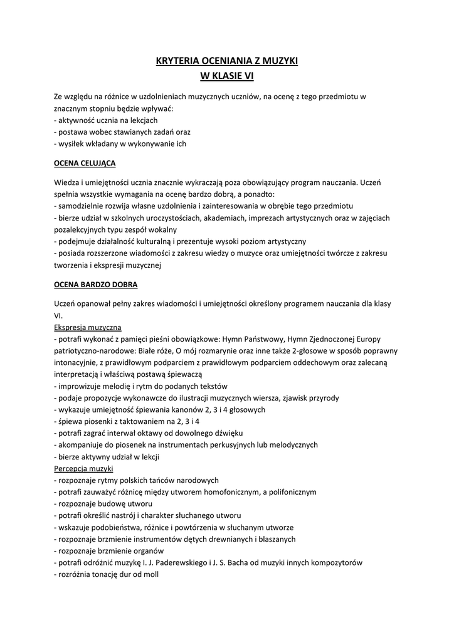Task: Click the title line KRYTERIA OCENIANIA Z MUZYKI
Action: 226,61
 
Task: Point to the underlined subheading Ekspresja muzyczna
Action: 88,327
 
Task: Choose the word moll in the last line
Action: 150,574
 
